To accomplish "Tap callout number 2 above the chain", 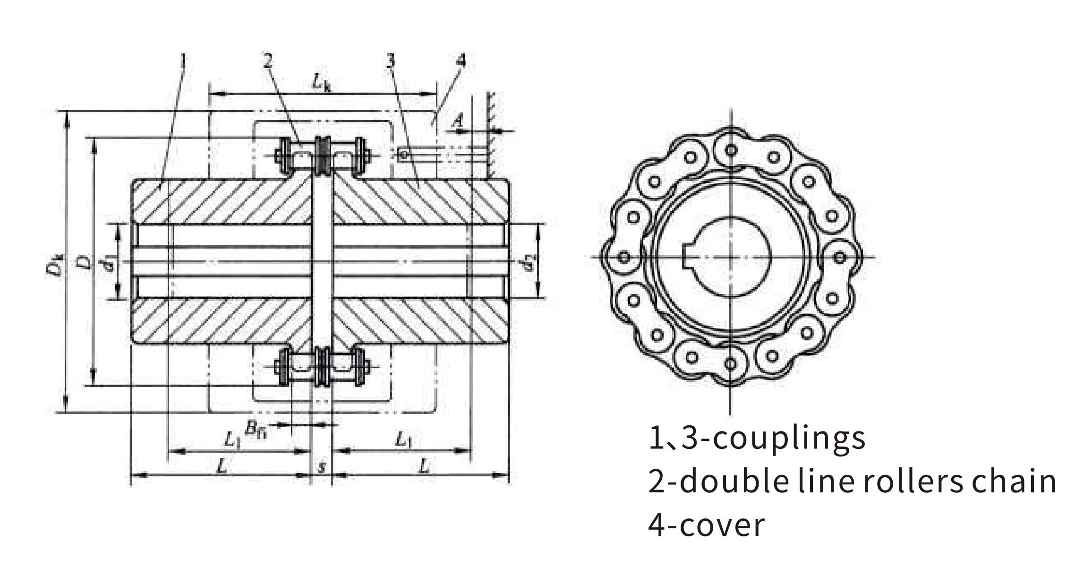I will pyautogui.click(x=268, y=61).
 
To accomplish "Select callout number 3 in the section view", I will pyautogui.click(x=390, y=61).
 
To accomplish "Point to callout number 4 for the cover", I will pyautogui.click(x=461, y=60).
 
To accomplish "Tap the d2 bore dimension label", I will pyautogui.click(x=531, y=263).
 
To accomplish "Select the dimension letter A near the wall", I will pyautogui.click(x=457, y=122).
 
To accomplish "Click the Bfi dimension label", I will pyautogui.click(x=256, y=429).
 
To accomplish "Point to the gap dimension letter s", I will pyautogui.click(x=322, y=467).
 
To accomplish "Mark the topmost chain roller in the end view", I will pyautogui.click(x=731, y=150).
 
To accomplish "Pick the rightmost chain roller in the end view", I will pyautogui.click(x=839, y=258).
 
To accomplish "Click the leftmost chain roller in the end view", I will pyautogui.click(x=624, y=258).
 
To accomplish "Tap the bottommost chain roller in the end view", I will pyautogui.click(x=731, y=364).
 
